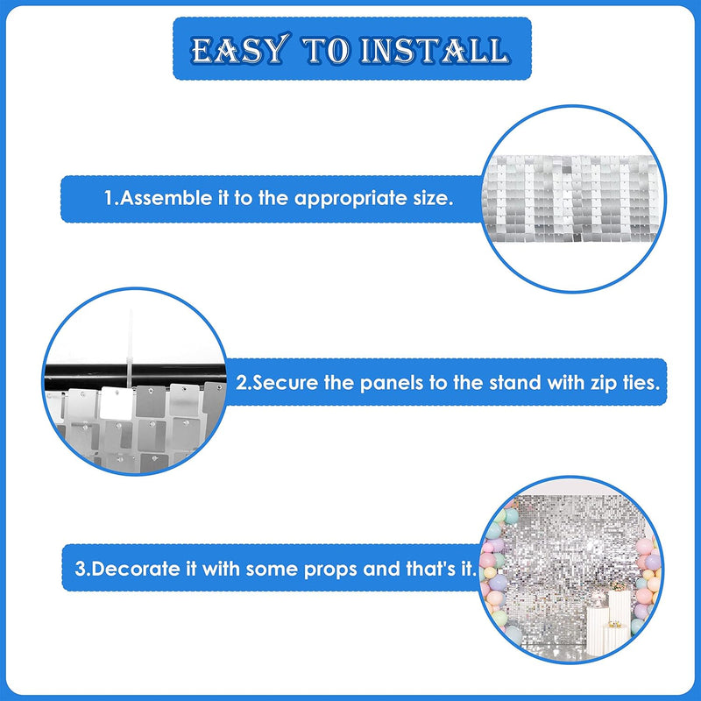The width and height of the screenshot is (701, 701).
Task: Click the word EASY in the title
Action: coord(240,49)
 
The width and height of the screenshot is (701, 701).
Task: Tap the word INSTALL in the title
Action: coord(435,50)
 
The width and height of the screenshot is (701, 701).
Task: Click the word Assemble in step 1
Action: coord(166,198)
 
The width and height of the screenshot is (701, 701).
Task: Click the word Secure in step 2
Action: coord(286,383)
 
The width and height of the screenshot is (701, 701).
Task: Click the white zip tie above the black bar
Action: coord(131,349)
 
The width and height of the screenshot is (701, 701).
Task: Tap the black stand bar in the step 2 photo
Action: coord(135,377)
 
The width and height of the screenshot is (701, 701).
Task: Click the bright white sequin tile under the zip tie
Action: coord(117,403)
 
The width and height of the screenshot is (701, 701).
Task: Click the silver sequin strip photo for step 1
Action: coord(573,199)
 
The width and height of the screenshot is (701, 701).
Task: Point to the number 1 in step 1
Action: coord(109,198)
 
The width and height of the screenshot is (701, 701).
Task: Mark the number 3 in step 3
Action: coord(80,569)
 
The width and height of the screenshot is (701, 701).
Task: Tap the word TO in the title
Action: coord(325,50)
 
